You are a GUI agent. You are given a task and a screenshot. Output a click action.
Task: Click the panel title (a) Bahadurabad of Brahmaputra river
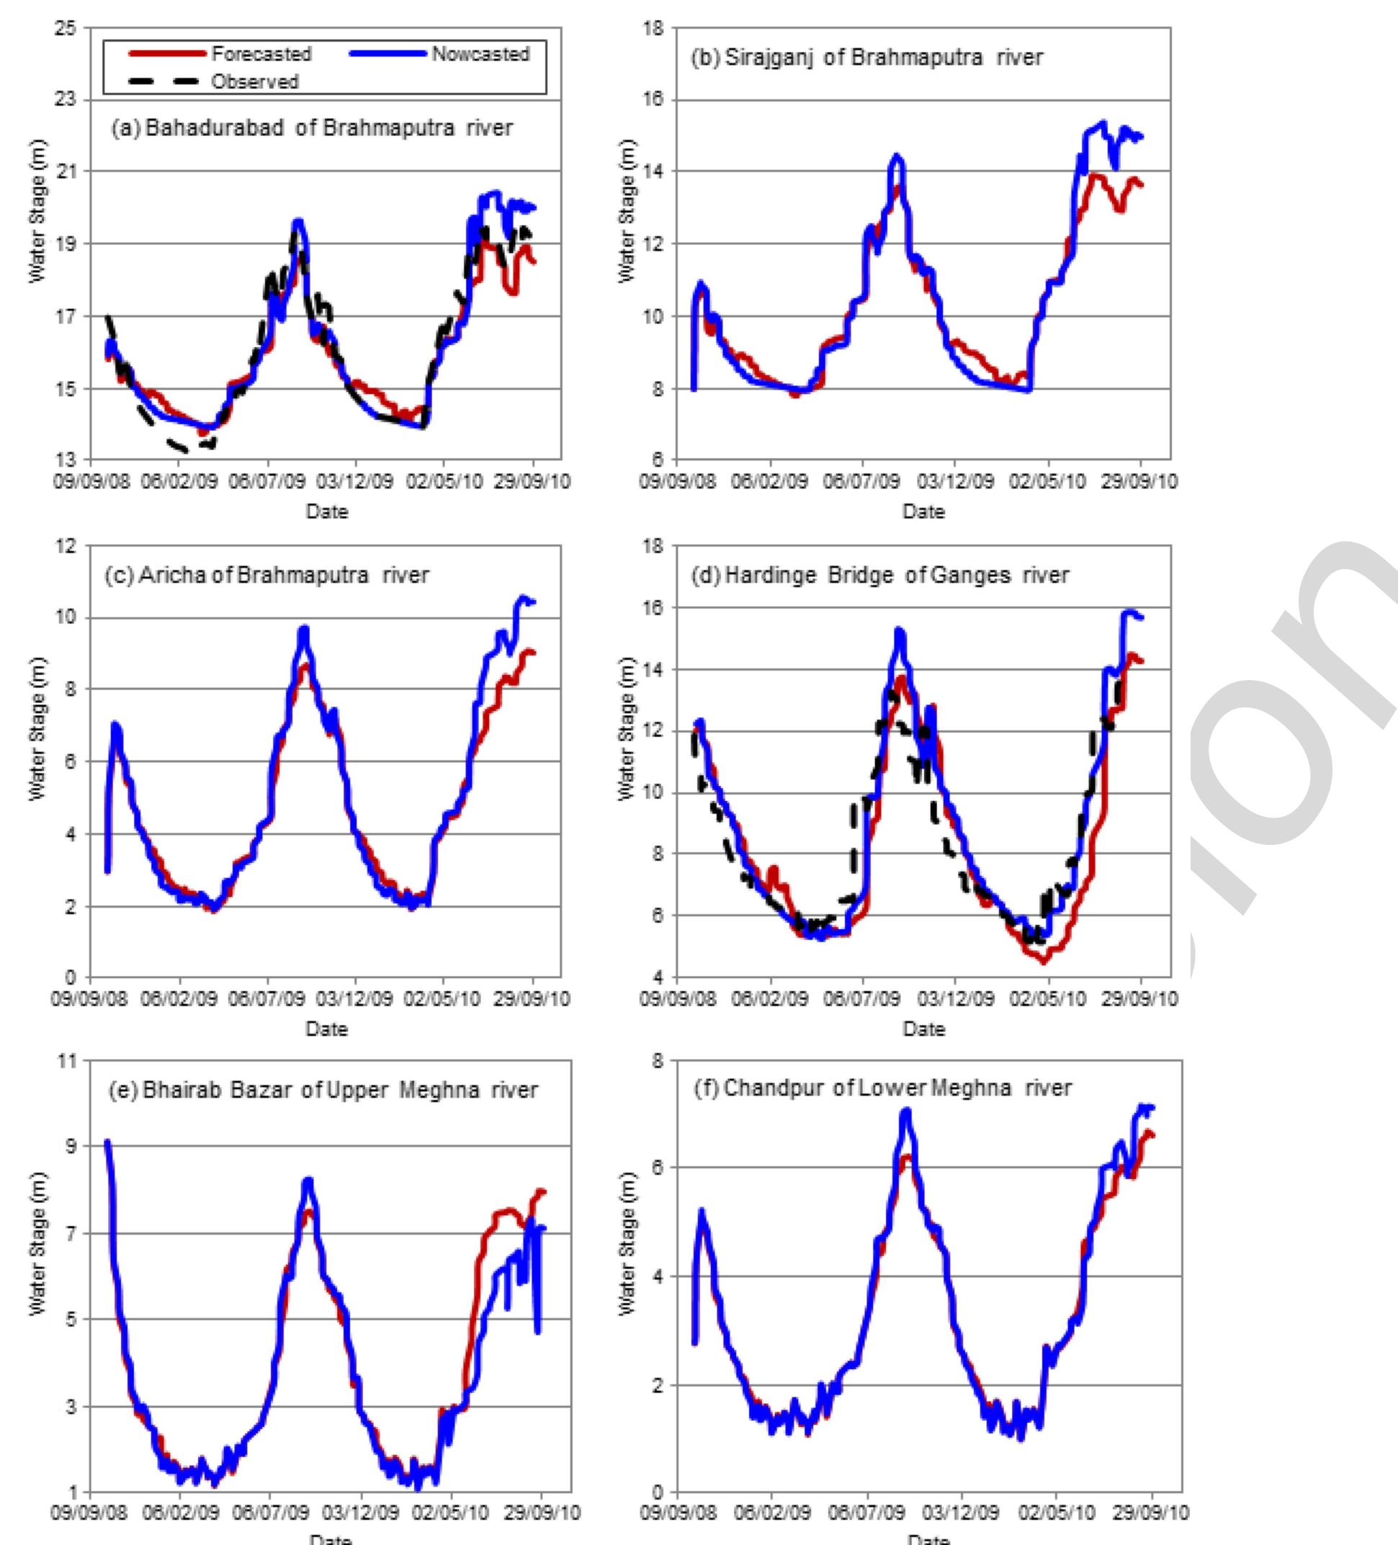pyautogui.click(x=312, y=127)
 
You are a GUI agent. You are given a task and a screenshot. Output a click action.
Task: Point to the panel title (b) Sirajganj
pyautogui.click(x=867, y=58)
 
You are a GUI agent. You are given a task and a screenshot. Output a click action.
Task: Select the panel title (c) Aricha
pyautogui.click(x=266, y=575)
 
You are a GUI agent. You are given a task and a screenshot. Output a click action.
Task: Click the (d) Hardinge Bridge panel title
pyautogui.click(x=880, y=575)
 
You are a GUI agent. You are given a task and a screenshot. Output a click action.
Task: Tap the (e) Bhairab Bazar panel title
pyautogui.click(x=323, y=1090)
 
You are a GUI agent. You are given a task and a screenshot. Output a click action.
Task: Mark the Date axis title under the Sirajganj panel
pyautogui.click(x=923, y=511)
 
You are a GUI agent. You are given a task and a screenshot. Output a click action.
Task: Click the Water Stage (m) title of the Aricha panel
pyautogui.click(x=37, y=728)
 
